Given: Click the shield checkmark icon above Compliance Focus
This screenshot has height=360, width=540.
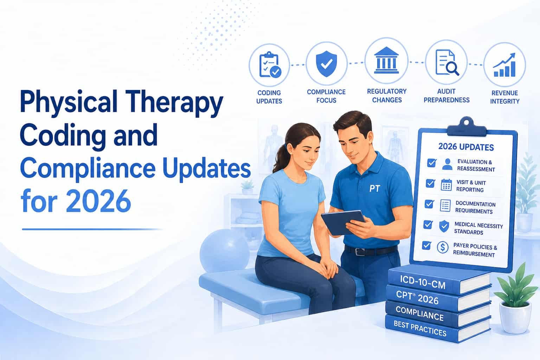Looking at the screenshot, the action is (326, 64).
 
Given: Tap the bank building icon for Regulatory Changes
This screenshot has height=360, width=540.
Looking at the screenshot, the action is (386, 60).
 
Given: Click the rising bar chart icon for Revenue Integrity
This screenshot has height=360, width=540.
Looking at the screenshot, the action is (504, 65).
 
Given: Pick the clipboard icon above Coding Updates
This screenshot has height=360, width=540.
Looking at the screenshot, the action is (270, 65).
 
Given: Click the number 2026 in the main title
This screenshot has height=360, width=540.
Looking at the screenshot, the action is (98, 201).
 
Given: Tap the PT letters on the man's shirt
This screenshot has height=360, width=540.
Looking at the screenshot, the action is (375, 188).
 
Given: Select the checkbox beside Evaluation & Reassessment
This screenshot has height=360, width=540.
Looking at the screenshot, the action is (431, 163).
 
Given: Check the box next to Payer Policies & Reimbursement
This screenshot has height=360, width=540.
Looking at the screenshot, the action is (427, 245).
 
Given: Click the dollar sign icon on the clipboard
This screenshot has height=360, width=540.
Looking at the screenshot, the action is (443, 247).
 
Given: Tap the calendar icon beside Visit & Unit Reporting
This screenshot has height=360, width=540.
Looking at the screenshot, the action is (446, 185).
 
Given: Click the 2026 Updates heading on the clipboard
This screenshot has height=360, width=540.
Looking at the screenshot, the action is (466, 147).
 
